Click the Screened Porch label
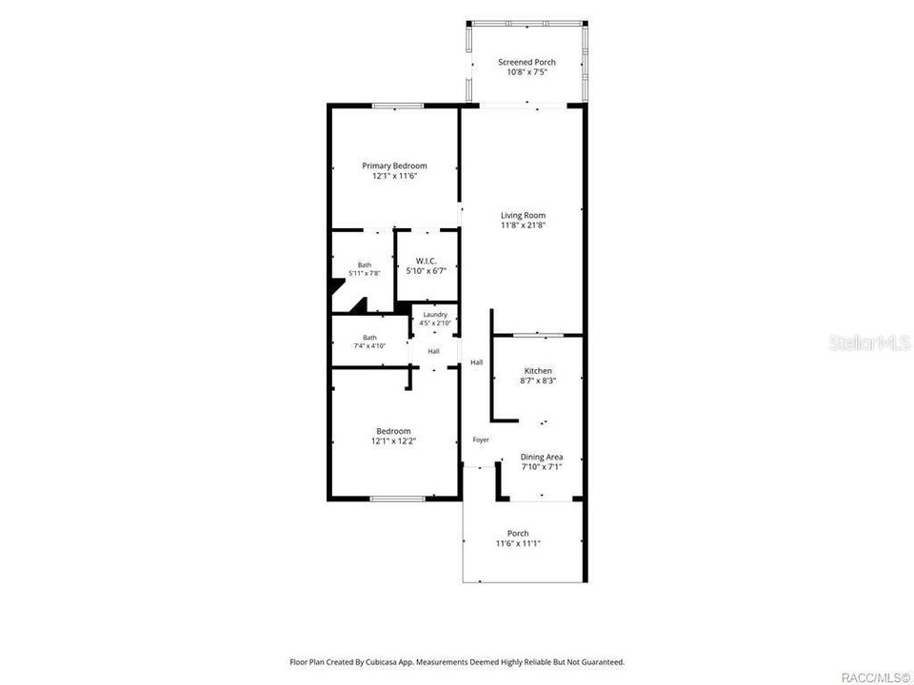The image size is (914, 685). [x=527, y=62]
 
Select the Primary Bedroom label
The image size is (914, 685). [x=394, y=166]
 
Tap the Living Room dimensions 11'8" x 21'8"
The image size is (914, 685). [x=523, y=225]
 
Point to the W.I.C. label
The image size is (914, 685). [x=427, y=261]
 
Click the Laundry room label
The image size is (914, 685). [x=435, y=315]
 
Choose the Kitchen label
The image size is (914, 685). [x=538, y=370]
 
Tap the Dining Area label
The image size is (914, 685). [x=542, y=457]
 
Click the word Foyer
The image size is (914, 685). [x=481, y=440]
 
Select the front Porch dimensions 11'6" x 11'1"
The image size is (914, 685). [x=518, y=543]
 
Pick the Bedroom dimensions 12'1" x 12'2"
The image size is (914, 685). [x=393, y=440]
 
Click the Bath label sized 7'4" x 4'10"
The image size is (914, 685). [x=369, y=337]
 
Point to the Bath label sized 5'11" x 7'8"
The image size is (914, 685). [x=365, y=265]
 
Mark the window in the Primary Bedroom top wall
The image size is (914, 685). [x=398, y=106]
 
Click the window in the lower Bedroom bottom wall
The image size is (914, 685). [x=398, y=499]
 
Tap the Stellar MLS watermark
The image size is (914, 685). [x=870, y=342]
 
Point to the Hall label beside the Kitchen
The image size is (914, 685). [x=477, y=362]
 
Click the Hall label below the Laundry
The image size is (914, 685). [x=434, y=351]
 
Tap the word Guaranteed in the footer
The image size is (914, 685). [x=606, y=662]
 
